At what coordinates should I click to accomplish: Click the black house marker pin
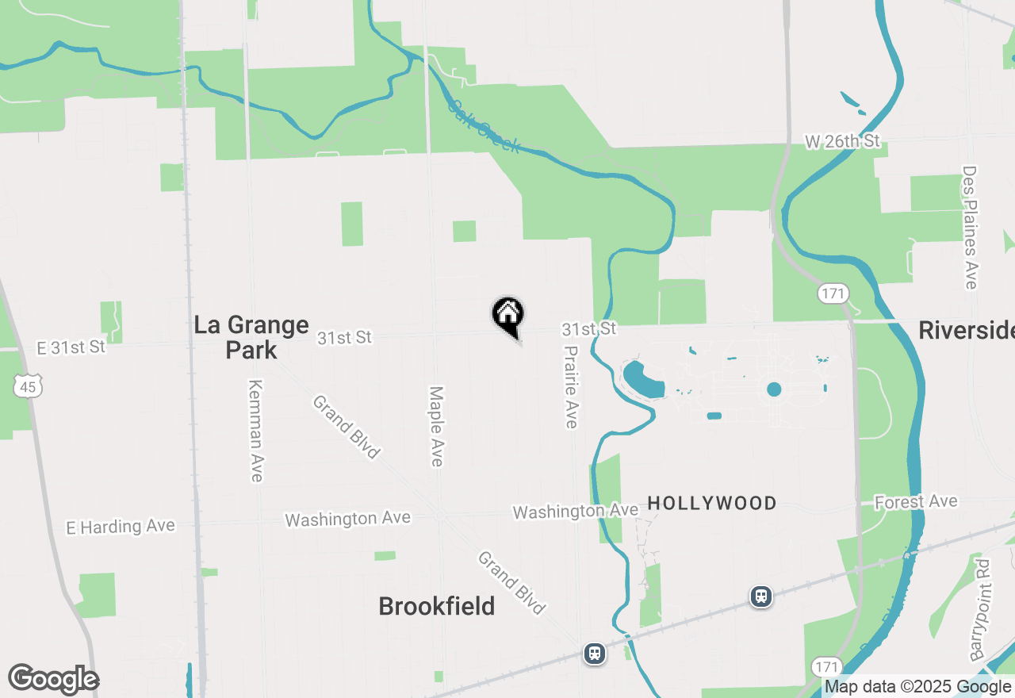(x=508, y=315)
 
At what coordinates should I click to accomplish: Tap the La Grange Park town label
(x=251, y=337)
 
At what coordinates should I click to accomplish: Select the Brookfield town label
(x=437, y=606)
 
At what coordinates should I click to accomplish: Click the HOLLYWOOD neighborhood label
(x=712, y=503)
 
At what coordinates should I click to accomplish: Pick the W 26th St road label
(x=842, y=141)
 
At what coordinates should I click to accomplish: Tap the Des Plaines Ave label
(x=970, y=227)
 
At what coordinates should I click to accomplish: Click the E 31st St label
(x=71, y=347)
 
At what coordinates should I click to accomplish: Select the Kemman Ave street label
(x=255, y=431)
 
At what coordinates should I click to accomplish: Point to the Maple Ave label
(x=435, y=426)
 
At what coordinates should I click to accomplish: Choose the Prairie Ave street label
(x=571, y=386)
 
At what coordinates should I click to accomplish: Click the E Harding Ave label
(x=121, y=527)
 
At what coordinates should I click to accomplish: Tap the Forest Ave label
(x=916, y=502)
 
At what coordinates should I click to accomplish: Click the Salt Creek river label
(x=484, y=125)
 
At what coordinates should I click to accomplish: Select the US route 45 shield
(x=28, y=386)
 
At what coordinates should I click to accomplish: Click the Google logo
(x=53, y=680)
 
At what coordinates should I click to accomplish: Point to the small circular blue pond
(x=774, y=389)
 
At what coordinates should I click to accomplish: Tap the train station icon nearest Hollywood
(x=761, y=596)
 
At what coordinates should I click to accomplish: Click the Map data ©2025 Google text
(x=918, y=687)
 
